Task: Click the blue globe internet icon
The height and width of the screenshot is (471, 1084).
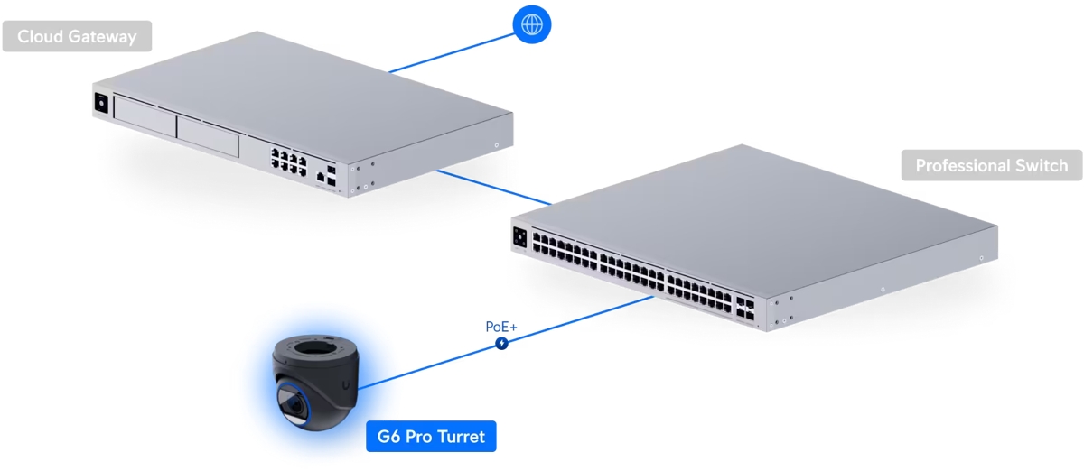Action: coord(531,23)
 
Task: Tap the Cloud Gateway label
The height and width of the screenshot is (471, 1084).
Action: coord(77,37)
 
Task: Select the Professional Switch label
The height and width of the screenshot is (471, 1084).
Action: coord(991,166)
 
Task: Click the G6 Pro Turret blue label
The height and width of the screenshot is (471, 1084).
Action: coord(431,438)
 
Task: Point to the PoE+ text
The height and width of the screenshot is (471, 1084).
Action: coord(500,326)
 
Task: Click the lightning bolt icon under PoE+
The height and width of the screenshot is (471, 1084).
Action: coord(501,343)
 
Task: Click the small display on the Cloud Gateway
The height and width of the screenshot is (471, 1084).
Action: coord(100,103)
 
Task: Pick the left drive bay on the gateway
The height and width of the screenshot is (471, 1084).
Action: coord(144,117)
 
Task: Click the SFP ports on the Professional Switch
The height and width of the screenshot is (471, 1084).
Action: coord(746,308)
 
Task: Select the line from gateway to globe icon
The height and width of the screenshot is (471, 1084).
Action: coord(452,51)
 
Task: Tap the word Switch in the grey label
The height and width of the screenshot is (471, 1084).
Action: coord(1040,166)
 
